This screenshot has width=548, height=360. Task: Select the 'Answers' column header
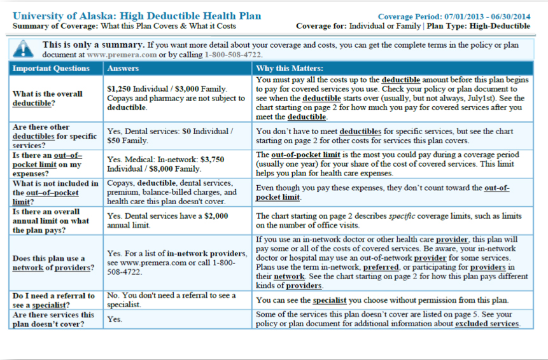(123, 68)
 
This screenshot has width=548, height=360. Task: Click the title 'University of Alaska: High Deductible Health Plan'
(137, 16)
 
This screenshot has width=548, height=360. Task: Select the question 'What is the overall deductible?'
(48, 98)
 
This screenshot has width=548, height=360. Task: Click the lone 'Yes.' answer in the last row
(115, 319)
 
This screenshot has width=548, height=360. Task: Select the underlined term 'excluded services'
(487, 324)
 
